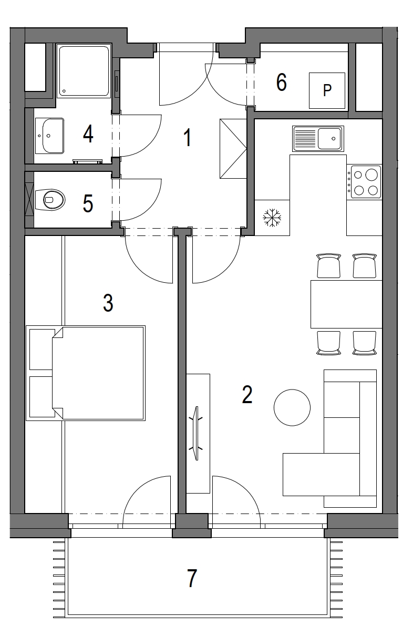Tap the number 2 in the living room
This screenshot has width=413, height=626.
(x=247, y=394)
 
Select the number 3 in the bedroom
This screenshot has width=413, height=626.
(x=108, y=303)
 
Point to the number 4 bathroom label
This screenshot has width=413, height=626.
(x=88, y=134)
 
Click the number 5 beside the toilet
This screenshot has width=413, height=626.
(x=88, y=203)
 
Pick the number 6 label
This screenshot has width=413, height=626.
(x=281, y=83)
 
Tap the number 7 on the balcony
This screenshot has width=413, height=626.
(x=192, y=578)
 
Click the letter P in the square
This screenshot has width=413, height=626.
(x=327, y=90)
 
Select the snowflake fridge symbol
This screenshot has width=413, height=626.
(x=272, y=218)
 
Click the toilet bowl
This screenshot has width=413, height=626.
(x=49, y=199)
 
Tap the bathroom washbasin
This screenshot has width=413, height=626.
(x=49, y=136)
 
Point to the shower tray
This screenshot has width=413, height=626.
(x=84, y=70)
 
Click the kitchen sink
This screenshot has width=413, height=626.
(x=318, y=139)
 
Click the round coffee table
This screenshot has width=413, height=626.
(x=292, y=408)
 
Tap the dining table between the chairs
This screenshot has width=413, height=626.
(x=346, y=304)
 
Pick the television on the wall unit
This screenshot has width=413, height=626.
(x=197, y=433)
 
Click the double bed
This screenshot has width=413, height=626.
(x=98, y=373)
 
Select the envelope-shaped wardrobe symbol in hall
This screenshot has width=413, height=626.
(x=233, y=149)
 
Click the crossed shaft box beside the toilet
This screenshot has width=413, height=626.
(x=29, y=199)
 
